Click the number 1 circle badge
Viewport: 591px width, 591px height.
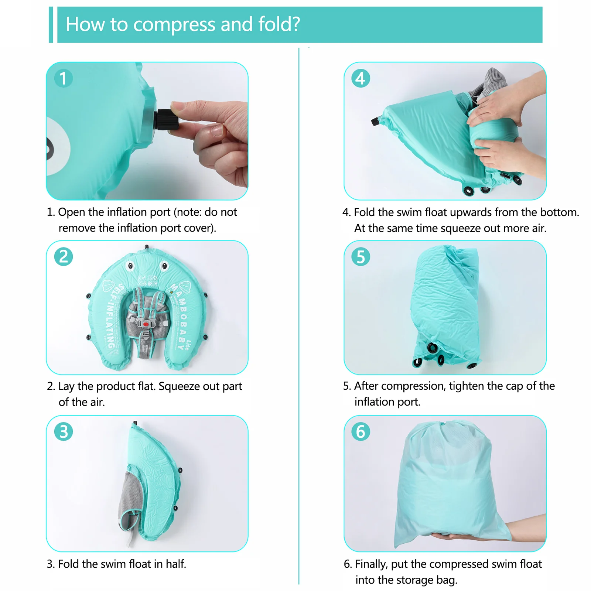(63, 78)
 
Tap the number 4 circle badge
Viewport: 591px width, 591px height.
(361, 78)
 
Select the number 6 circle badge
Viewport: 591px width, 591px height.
(361, 431)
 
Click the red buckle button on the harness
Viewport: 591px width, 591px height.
(146, 324)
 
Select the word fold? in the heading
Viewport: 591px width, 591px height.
(279, 24)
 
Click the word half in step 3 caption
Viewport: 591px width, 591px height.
(175, 564)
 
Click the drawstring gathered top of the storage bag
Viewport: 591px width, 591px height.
(449, 428)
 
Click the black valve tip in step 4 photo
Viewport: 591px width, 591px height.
(375, 121)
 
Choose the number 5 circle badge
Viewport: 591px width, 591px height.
(361, 257)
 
